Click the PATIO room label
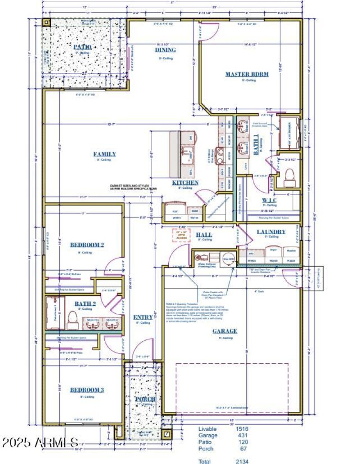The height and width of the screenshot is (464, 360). tap(82, 47)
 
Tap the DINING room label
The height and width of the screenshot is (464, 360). tap(166, 50)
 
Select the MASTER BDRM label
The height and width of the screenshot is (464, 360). tap(247, 74)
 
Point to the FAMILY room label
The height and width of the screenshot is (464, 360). tap(104, 154)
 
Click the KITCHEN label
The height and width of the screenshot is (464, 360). tap(185, 183)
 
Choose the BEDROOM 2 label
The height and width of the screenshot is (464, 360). tap(87, 245)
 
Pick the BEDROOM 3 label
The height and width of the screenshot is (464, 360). tap(87, 390)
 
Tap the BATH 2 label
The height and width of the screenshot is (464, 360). tap(85, 303)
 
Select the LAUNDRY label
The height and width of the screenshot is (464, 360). tap(271, 232)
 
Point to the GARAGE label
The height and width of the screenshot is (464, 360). tap(225, 331)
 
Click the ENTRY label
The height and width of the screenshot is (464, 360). tap(143, 317)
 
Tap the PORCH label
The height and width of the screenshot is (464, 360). tap(145, 399)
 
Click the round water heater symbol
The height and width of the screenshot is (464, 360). tap(228, 259)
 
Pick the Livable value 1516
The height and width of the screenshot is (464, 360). tap(242, 429)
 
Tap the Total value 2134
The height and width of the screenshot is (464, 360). tap(242, 461)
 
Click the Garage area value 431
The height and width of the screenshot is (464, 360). tap(242, 435)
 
